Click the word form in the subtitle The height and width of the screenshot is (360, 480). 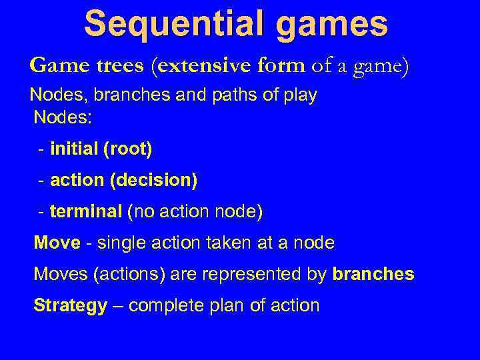[x=282, y=66]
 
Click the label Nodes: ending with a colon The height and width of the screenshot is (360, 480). [x=63, y=118]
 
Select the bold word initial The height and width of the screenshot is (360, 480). [x=74, y=149]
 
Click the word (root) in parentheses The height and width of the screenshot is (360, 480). [x=127, y=150]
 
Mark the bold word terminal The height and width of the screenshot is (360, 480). [x=85, y=212]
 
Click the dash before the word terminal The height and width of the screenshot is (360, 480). [x=42, y=213]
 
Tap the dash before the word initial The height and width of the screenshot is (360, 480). [x=42, y=150]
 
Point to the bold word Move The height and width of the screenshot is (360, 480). [x=57, y=243]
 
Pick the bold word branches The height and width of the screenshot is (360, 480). [x=373, y=274]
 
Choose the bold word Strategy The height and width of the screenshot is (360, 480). [x=70, y=306]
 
